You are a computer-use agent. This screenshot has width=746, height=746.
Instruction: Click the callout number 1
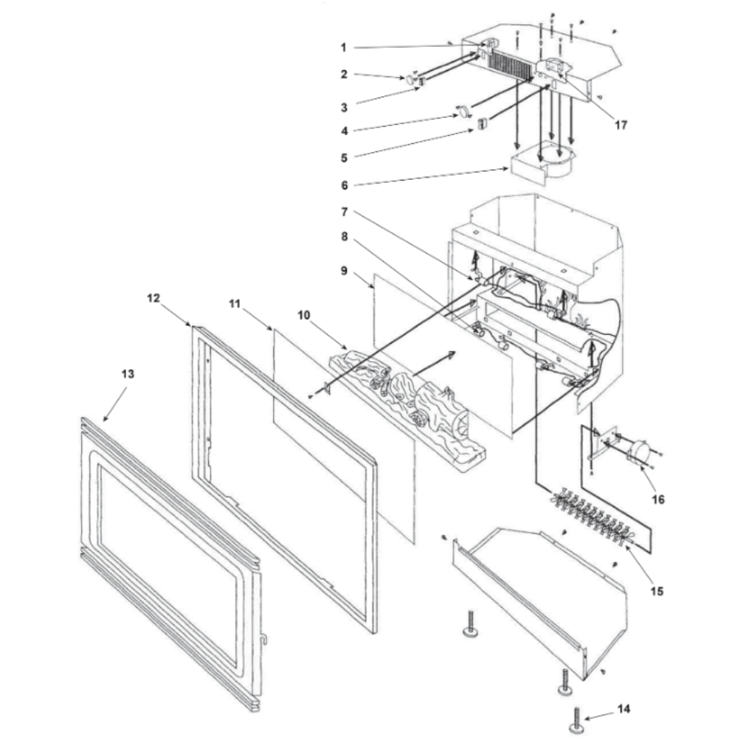(343, 48)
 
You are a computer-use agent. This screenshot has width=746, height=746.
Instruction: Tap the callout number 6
(343, 185)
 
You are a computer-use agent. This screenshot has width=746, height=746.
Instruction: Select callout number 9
(343, 272)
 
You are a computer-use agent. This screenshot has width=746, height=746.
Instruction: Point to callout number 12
(153, 297)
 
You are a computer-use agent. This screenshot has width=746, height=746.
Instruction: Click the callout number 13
(128, 374)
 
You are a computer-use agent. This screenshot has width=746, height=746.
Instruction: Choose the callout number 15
(656, 592)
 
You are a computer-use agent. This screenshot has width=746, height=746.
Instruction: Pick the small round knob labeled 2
(410, 78)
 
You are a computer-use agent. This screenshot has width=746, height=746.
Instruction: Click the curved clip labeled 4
(462, 112)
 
